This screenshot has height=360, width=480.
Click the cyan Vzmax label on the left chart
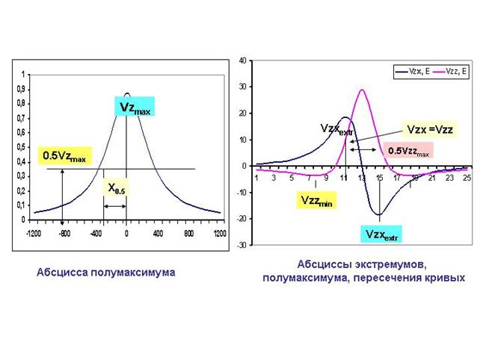coord(135,107)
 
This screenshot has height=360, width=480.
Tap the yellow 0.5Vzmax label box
coord(64,158)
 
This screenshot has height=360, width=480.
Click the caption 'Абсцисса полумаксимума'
coord(105,273)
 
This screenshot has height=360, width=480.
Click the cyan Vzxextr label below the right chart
coord(382,234)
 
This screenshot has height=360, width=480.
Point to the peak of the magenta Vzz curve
coord(362,90)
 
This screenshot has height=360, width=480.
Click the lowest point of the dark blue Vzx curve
coord(380,214)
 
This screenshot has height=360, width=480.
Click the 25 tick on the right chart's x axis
coord(467,179)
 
